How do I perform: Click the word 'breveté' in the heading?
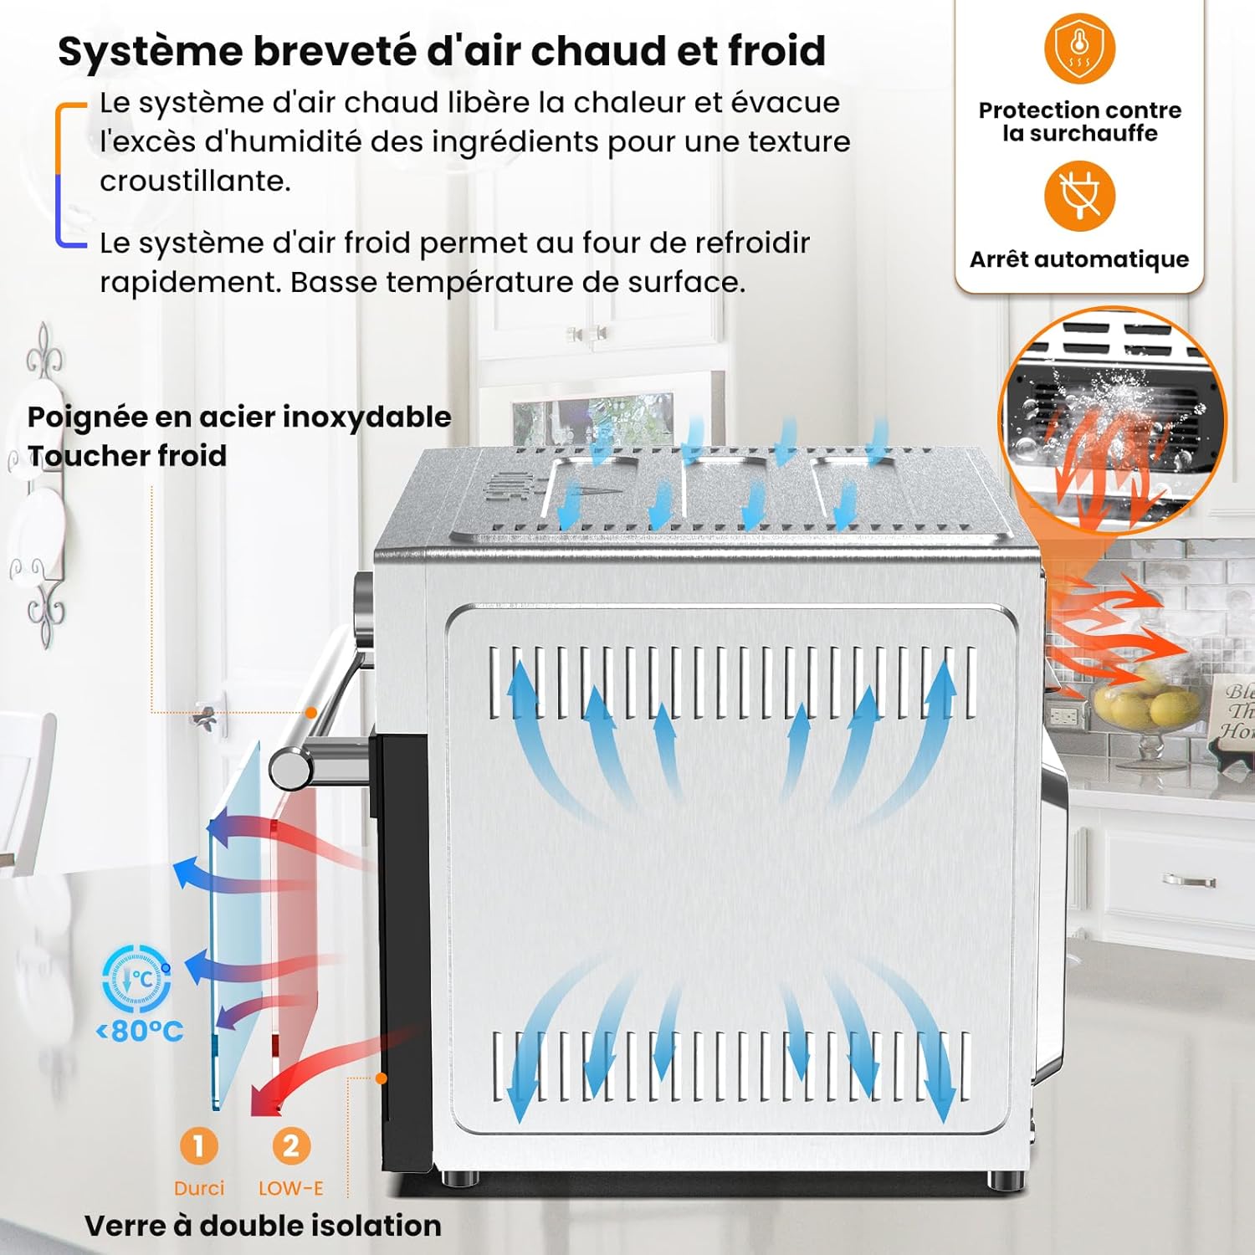(333, 52)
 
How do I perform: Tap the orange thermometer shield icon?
(1079, 48)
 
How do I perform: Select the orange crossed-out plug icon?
(1079, 197)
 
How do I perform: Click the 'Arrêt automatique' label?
(1079, 259)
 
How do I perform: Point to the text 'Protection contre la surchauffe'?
(1079, 122)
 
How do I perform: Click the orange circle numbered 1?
(198, 1145)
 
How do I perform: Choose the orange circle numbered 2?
(290, 1145)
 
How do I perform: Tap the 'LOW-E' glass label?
(290, 1188)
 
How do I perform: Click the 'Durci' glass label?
(199, 1188)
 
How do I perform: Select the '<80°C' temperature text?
(140, 1031)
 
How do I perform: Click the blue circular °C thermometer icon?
(137, 979)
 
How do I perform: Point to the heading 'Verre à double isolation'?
(263, 1226)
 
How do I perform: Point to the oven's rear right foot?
(1001, 1180)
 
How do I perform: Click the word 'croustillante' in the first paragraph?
(195, 181)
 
